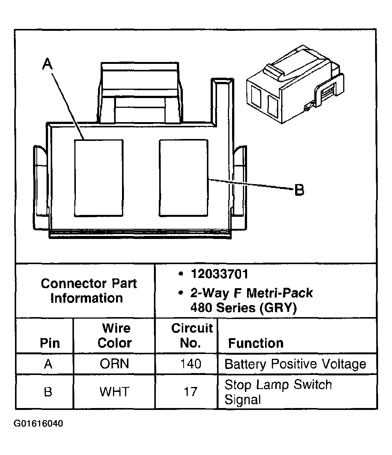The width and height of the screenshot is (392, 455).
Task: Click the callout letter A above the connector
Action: [47, 64]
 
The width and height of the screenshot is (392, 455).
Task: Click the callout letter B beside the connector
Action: [299, 190]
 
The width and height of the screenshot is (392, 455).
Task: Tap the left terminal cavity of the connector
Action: [98, 178]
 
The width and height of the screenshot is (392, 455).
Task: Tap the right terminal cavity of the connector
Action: [183, 178]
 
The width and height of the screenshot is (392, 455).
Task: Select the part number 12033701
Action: [219, 274]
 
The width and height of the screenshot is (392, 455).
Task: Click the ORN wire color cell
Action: [114, 364]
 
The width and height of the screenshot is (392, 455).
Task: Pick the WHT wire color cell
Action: [114, 392]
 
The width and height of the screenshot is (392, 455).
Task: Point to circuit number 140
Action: [190, 364]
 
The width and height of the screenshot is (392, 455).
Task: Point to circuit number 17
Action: [190, 392]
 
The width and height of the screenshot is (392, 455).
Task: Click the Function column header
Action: [256, 343]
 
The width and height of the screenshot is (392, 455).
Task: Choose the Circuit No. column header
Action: [191, 336]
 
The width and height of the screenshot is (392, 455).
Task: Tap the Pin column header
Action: [50, 343]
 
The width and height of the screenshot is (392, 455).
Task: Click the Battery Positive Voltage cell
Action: [295, 364]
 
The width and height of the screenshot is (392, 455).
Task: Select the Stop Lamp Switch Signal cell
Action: [278, 392]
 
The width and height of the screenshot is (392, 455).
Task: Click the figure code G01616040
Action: [38, 424]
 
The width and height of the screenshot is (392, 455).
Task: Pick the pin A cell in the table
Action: [48, 364]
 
